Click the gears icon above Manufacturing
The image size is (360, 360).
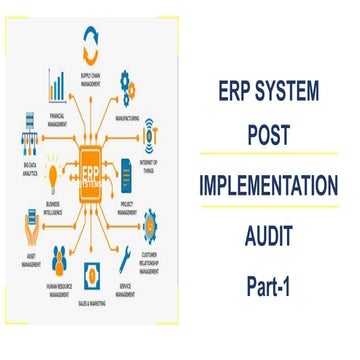pos(129,81)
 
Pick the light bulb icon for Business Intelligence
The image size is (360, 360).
pos(27,176)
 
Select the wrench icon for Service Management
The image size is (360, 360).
pos(123,261)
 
